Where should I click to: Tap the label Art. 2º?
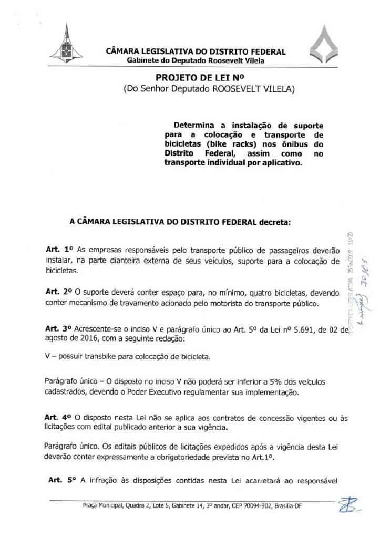(x=56, y=291)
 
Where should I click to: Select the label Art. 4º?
(x=56, y=417)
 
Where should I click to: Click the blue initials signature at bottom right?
(x=348, y=505)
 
